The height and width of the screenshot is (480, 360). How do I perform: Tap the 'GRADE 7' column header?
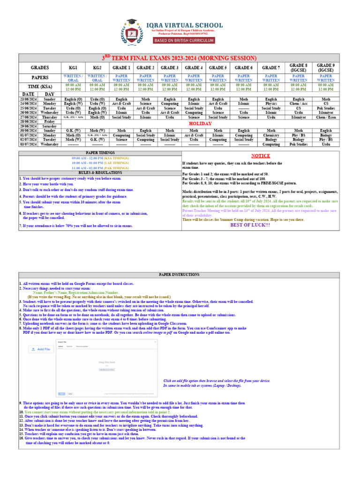coord(271,67)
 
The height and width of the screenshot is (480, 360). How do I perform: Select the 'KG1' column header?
coord(73,67)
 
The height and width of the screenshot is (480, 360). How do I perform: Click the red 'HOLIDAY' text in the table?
coord(200,123)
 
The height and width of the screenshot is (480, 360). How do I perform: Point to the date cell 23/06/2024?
coord(28,99)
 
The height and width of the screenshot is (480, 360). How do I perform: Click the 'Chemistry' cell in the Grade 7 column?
coord(271,135)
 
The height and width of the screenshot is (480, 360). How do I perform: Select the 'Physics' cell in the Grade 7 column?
coord(271,104)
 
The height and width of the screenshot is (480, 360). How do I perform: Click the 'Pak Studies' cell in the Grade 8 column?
coord(298,144)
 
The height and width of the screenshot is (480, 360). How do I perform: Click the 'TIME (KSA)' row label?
coord(39,86)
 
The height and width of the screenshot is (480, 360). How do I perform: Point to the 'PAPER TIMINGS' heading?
coord(100,153)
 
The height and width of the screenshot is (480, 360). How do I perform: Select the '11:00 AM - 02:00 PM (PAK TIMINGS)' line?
coord(100,167)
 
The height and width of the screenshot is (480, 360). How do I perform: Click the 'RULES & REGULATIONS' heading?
coord(100,172)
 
